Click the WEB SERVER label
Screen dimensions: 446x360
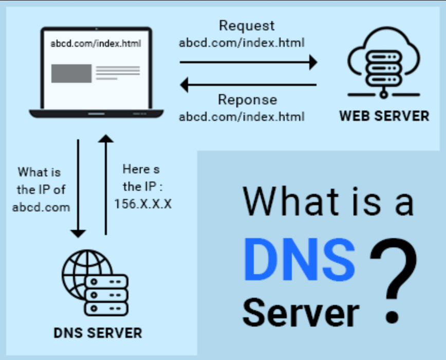coord(384,116)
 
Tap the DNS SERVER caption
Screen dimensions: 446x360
coord(98,333)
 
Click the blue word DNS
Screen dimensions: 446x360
coord(300,259)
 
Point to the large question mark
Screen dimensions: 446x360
coord(394,280)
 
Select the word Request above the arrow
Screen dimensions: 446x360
coord(247,26)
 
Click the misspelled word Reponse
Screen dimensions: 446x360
coord(247,100)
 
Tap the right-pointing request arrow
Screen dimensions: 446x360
coord(249,62)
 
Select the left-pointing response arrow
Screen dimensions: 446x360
coord(249,85)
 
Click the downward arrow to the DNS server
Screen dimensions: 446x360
coord(78,188)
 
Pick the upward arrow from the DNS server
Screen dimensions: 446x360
coord(106,185)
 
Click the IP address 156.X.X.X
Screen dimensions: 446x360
coord(143,204)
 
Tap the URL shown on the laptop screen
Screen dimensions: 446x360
coord(96,44)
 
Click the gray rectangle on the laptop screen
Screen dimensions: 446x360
coord(71,74)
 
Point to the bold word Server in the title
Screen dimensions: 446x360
coord(301,313)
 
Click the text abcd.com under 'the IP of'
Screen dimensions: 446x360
coord(41,207)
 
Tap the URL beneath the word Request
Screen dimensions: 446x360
coord(242,43)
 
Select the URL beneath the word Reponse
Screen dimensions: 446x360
coord(242,117)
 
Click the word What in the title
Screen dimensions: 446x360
coord(291,201)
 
